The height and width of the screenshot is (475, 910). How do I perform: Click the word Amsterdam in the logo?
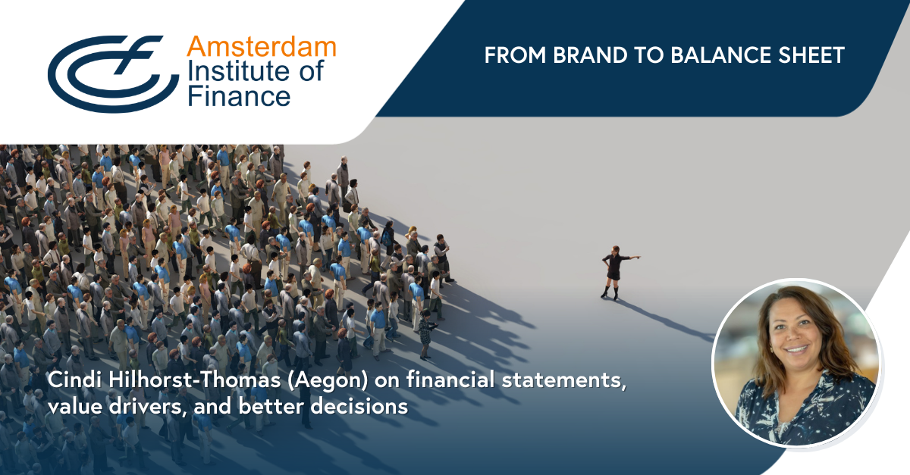pos(262,47)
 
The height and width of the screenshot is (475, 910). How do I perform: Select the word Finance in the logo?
pos(239,96)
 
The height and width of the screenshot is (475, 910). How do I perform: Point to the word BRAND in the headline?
pos(590,55)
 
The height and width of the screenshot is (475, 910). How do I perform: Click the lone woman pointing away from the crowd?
pos(617,273)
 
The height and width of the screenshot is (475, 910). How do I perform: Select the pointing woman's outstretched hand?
pos(637,257)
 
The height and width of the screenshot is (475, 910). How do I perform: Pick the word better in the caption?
pos(271,407)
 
